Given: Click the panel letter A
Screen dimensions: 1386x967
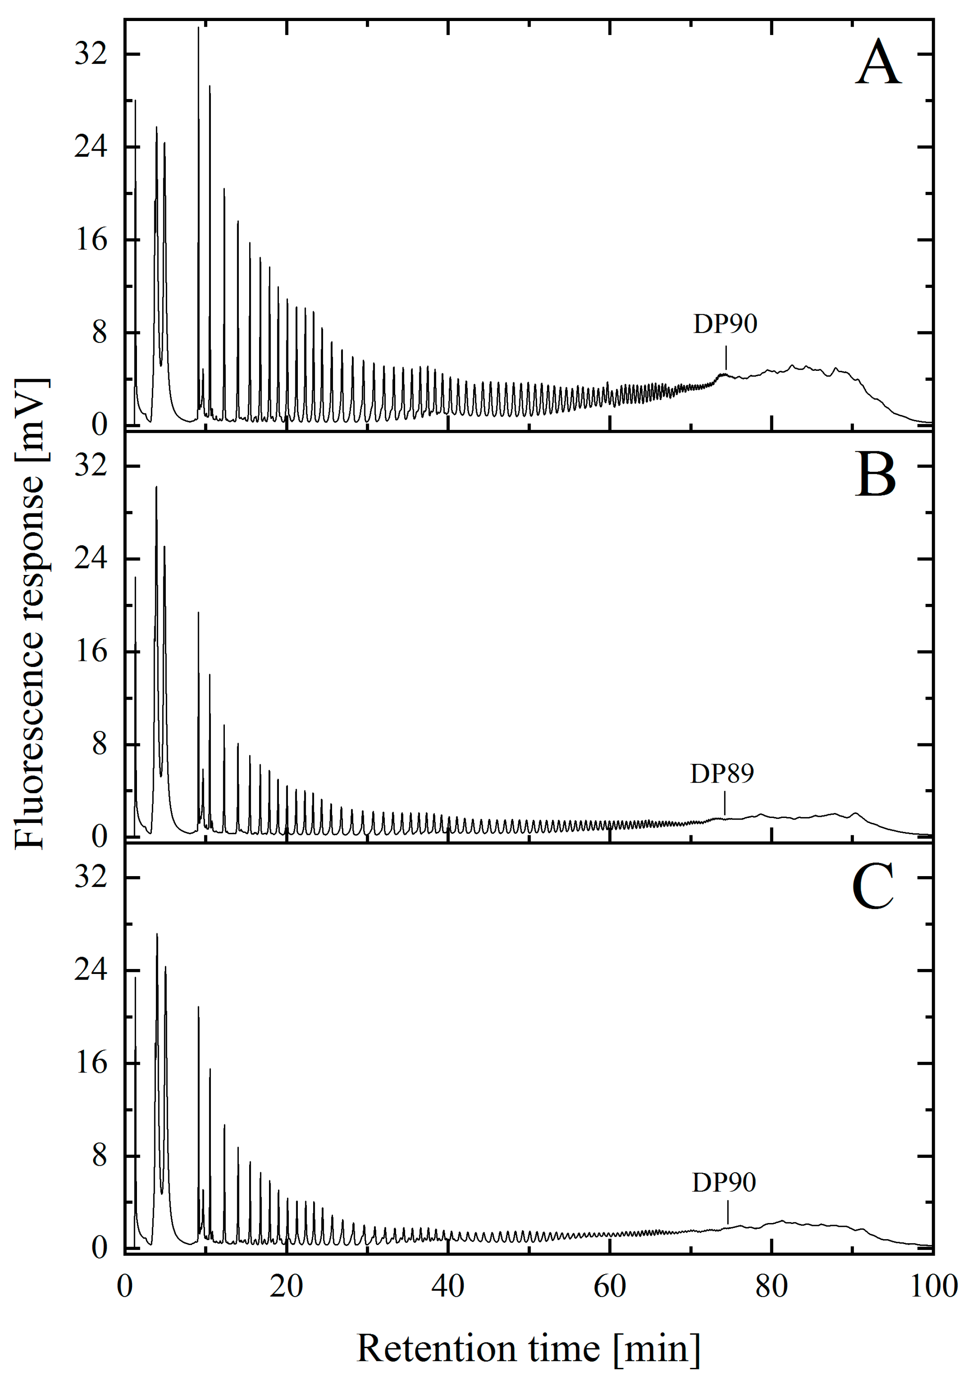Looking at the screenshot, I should coord(878,65).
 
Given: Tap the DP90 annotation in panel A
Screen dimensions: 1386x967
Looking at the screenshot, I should coord(725,325).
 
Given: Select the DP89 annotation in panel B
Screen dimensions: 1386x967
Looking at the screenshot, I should coord(722,774).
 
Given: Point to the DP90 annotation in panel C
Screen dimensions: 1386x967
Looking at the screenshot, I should coord(724,1183).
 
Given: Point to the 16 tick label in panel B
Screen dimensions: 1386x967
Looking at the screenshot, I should coord(90,652).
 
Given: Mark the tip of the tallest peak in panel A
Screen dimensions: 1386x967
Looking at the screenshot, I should coord(198,28).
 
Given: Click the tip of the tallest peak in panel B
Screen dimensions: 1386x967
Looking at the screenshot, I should coord(156,487).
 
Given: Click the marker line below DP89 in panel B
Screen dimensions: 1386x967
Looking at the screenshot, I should coord(724,805).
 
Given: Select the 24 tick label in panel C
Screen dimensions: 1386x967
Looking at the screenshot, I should coord(90,970).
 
